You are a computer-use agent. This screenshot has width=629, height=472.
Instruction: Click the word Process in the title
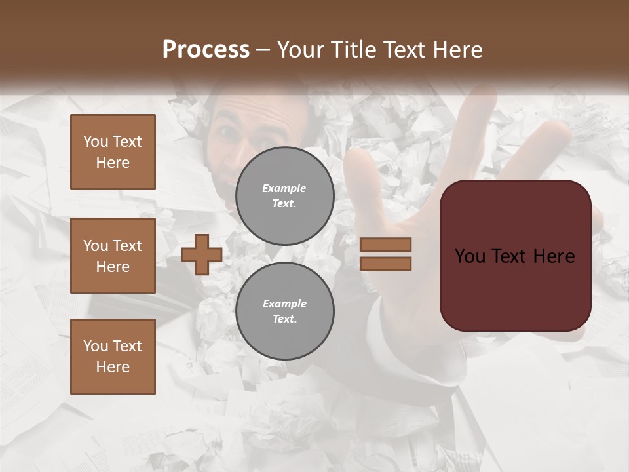[206, 50]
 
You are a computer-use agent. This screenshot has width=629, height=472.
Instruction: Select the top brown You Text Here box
[113, 152]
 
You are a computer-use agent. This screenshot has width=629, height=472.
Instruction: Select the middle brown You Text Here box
[113, 256]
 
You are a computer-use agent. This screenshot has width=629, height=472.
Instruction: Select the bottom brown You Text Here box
[113, 357]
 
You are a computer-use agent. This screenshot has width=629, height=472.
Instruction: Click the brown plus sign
[202, 254]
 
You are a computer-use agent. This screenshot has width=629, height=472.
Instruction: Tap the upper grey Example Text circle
[284, 196]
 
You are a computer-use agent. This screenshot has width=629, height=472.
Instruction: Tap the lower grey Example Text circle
[284, 311]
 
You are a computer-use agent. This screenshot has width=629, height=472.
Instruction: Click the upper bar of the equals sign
[385, 245]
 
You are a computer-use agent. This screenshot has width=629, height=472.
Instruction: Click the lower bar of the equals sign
[385, 264]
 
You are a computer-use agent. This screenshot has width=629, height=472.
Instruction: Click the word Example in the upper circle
[284, 188]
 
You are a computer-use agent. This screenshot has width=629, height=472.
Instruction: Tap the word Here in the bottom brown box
[113, 367]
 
